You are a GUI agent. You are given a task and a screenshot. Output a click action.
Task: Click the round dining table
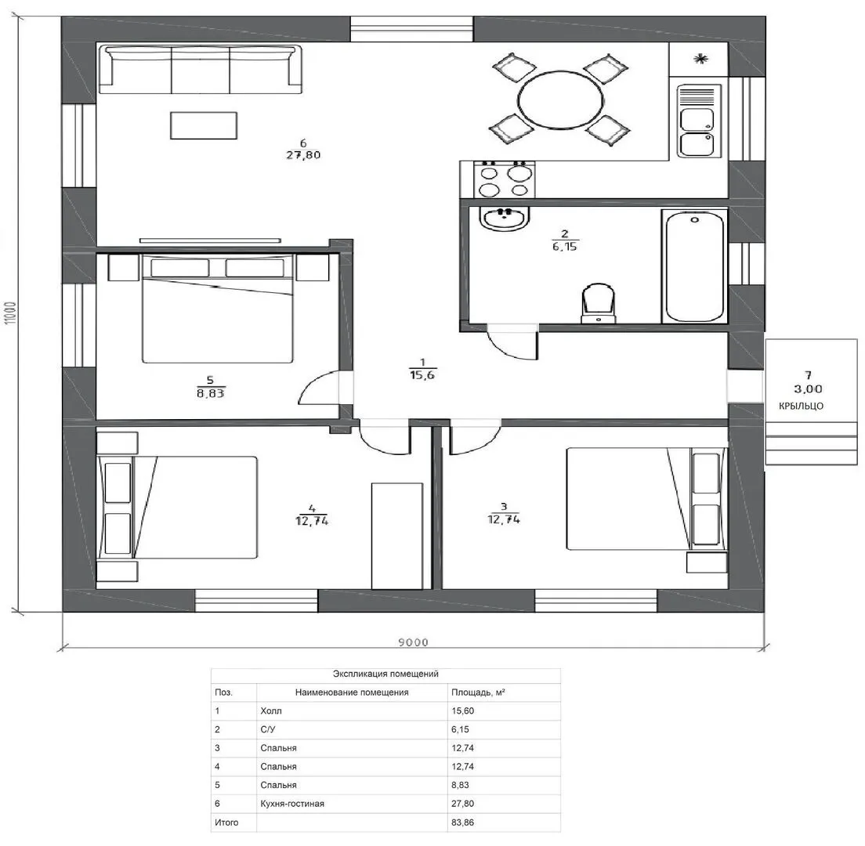[x=560, y=100]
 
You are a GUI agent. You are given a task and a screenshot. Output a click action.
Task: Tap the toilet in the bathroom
[x=598, y=303]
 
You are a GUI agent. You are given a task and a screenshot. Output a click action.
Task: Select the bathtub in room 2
[x=694, y=266]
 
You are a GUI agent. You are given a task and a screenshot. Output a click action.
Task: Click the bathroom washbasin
[x=505, y=218]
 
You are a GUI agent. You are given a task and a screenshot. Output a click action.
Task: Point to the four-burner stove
[x=497, y=179]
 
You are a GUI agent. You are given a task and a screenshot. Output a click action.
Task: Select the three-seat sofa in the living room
[x=201, y=70]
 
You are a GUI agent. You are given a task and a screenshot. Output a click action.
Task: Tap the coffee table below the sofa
[x=204, y=125]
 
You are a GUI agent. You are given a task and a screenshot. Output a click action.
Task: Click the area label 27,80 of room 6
[x=303, y=155]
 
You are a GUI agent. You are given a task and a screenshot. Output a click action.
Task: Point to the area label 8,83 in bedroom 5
[x=210, y=393]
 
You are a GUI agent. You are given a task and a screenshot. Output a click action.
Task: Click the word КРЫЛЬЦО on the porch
[x=801, y=406]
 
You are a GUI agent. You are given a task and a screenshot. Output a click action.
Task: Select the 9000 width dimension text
[x=413, y=642]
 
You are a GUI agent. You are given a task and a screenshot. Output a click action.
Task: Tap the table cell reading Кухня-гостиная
[x=292, y=804]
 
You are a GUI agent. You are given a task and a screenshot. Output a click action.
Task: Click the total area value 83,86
[x=463, y=822]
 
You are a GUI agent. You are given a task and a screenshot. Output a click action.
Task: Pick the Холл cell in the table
[x=271, y=711]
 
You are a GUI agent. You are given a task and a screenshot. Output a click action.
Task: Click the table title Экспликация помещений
[x=385, y=674]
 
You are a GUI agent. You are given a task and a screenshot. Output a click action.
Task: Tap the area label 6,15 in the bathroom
[x=565, y=247]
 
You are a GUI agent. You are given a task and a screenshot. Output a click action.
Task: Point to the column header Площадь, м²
[x=478, y=692]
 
